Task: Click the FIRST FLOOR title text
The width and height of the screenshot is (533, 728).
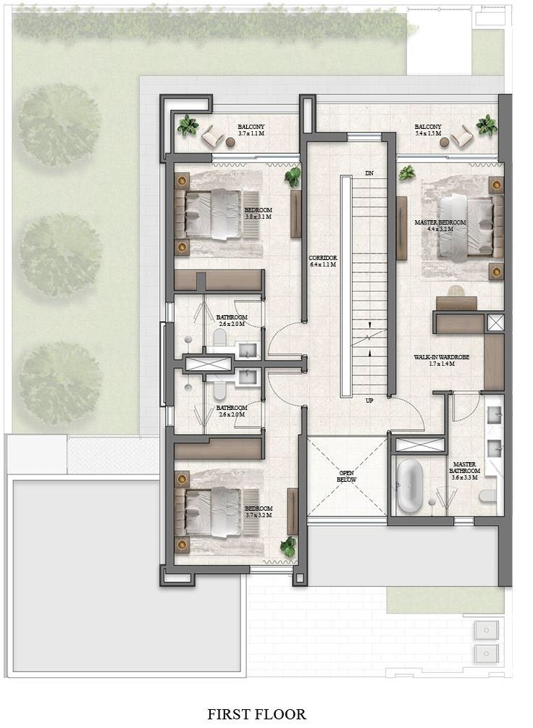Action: coord(257,714)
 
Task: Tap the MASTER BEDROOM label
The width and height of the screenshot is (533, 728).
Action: coord(440,222)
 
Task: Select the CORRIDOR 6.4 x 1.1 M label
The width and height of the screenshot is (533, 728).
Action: coord(323,261)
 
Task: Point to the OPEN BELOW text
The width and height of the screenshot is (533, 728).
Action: coord(346,477)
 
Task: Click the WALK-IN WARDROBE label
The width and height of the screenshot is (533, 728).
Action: coord(442,357)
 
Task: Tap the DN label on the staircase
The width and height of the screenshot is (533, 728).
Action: coord(369,173)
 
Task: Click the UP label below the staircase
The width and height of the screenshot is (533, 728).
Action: coord(369,400)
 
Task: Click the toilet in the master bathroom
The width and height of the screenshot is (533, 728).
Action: coord(488,496)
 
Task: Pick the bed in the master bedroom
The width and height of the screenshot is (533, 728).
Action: coord(467,227)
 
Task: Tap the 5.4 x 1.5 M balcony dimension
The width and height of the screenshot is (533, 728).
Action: coord(428,133)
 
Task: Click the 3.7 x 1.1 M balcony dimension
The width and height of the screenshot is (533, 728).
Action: coord(251,133)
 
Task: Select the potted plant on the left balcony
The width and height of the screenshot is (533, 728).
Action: coord(188,125)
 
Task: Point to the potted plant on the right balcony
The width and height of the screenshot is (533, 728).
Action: coord(487,125)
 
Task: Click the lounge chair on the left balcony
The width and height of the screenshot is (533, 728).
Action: coord(213,135)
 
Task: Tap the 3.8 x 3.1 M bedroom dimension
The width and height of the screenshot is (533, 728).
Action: coord(258,217)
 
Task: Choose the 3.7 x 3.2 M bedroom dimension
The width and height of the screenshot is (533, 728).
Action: coord(258,515)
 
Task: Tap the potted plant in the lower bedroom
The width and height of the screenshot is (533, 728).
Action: coord(288,546)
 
